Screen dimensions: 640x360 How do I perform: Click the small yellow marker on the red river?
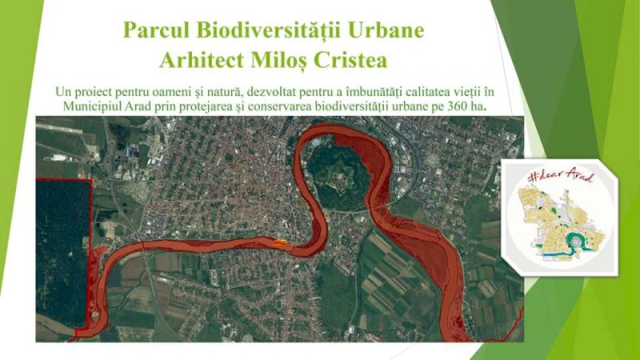click(279, 242)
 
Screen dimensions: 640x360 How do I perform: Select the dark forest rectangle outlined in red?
click(63, 253)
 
